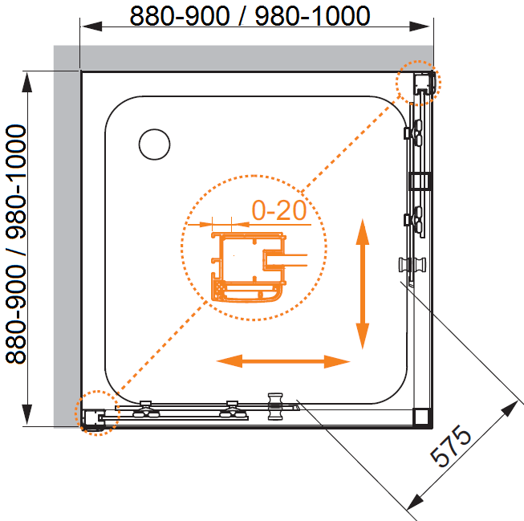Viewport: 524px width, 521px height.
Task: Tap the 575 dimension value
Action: pyautogui.click(x=450, y=446)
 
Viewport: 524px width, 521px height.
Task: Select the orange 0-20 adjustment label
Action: pyautogui.click(x=279, y=210)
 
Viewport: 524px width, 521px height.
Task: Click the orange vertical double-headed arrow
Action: pyautogui.click(x=363, y=284)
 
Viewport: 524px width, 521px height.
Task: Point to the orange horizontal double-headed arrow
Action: pyautogui.click(x=283, y=361)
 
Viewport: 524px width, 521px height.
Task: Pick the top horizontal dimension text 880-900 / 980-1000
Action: pyautogui.click(x=250, y=16)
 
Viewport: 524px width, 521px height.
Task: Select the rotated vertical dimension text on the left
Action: pyautogui.click(x=16, y=244)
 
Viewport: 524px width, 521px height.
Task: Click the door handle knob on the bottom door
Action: pyautogui.click(x=275, y=406)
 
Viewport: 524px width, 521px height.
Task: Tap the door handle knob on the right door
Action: pyautogui.click(x=412, y=265)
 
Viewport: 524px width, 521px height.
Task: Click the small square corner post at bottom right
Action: pyautogui.click(x=421, y=417)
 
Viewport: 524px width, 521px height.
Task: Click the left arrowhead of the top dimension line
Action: pyautogui.click(x=91, y=26)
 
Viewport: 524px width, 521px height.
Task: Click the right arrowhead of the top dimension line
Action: pyautogui.click(x=420, y=26)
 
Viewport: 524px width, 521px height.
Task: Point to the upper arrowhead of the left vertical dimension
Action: pyautogui.click(x=27, y=82)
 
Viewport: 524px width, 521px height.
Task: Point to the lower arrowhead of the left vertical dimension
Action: pyautogui.click(x=27, y=415)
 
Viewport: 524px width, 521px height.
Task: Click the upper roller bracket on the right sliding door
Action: pyautogui.click(x=414, y=132)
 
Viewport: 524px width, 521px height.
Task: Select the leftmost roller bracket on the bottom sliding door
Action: pyautogui.click(x=146, y=409)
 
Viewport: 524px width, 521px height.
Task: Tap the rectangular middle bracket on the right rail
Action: pyautogui.click(x=420, y=182)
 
